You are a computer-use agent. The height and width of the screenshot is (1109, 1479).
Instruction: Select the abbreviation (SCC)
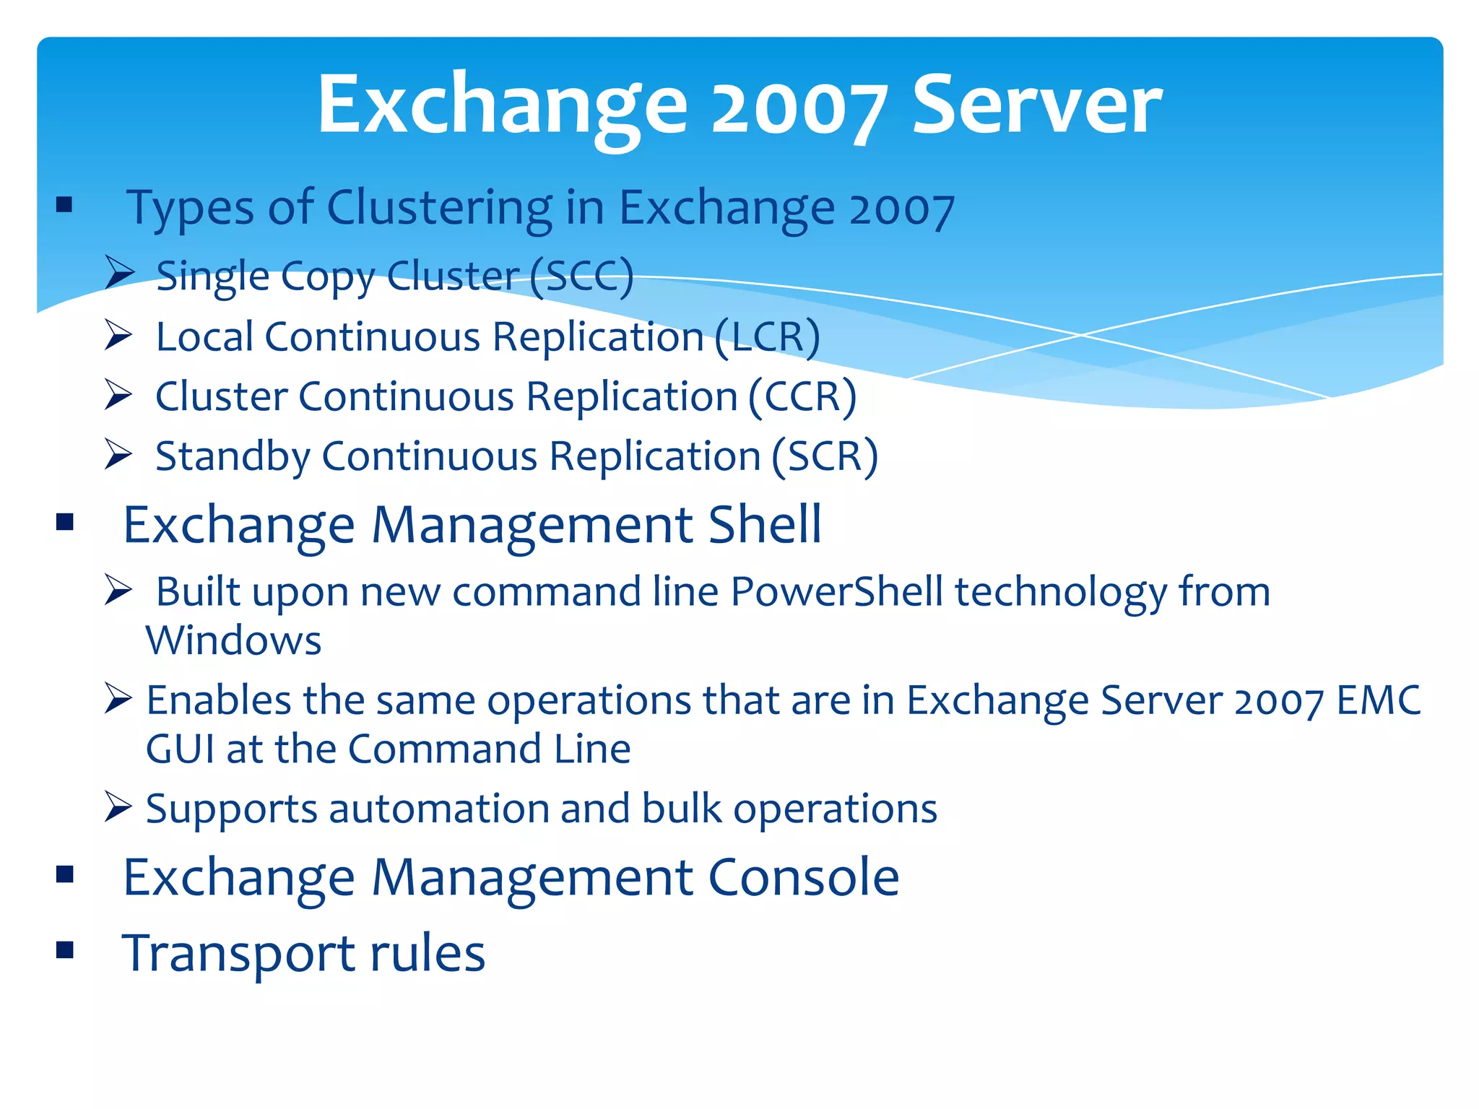coord(581,276)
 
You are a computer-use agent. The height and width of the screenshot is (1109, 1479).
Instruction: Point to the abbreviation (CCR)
coord(802,397)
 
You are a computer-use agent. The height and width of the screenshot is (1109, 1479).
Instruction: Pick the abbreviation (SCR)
coord(825,457)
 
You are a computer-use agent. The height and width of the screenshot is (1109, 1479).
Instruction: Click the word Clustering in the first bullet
coord(440,208)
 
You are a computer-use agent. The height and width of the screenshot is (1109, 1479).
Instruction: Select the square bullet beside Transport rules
coord(65,949)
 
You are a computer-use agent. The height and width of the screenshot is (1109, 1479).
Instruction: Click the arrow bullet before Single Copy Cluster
coord(118,272)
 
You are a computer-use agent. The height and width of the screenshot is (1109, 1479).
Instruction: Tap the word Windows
coord(233,640)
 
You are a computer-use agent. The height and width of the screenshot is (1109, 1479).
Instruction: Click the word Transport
coord(239,954)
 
